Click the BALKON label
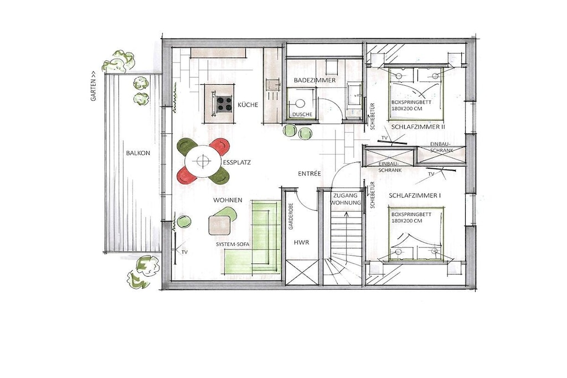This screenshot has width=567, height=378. pos(138,153)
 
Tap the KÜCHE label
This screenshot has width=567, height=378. pos(248,105)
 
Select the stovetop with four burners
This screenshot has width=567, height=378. pos(224,103)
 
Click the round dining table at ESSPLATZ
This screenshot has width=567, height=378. pos(203,161)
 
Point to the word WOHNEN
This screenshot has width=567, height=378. pos(228,200)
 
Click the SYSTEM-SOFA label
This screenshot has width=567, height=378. pos(233,244)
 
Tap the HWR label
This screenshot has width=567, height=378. pos(302,242)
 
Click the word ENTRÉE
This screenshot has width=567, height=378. pos(310,173)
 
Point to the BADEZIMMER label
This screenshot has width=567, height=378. pos(315,80)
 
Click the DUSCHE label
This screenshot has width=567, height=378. pos(302,114)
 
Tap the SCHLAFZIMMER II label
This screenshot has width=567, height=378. pos(418,127)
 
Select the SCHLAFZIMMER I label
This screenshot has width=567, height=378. pos(415,195)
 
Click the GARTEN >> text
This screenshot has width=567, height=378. pos(94,85)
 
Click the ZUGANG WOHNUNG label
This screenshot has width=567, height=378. pos(346,199)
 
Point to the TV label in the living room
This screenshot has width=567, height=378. pos(185,252)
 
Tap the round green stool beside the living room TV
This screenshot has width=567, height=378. pos(184,221)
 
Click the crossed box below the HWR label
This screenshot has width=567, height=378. pos(302,272)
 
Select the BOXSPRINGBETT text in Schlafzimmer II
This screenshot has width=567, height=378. pos(411,102)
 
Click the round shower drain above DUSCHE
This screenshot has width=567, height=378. pos(300,103)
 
